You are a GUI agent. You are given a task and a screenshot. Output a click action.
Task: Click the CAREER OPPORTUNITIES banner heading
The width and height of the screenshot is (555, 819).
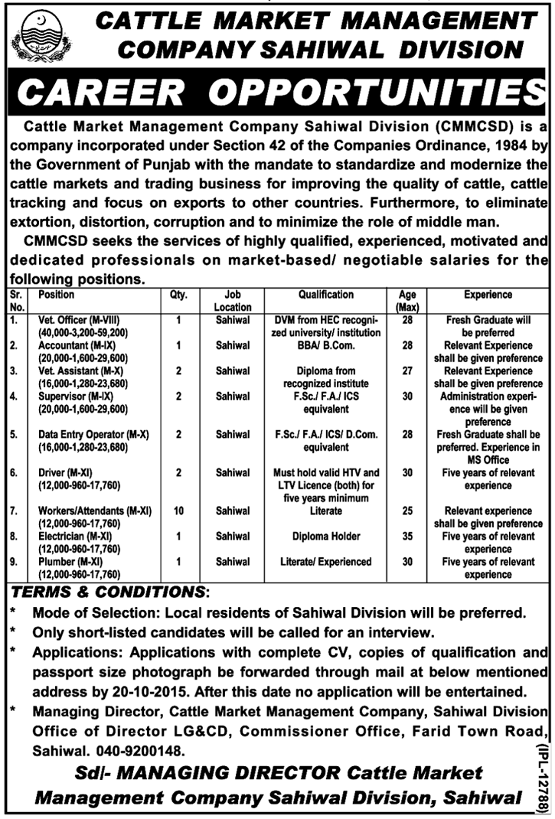(x=277, y=93)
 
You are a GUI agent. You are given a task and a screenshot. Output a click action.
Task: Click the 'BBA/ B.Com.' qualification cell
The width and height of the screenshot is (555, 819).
(x=326, y=345)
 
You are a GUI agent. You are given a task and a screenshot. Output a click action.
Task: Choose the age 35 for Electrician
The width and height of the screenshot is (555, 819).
(x=407, y=536)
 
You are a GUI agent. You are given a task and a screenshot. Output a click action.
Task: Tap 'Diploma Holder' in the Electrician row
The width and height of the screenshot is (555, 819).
(x=326, y=536)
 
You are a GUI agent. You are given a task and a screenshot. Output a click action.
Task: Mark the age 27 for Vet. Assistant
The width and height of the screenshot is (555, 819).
(x=407, y=370)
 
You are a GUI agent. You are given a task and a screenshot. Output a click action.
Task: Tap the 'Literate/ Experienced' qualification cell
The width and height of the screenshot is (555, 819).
(x=326, y=562)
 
